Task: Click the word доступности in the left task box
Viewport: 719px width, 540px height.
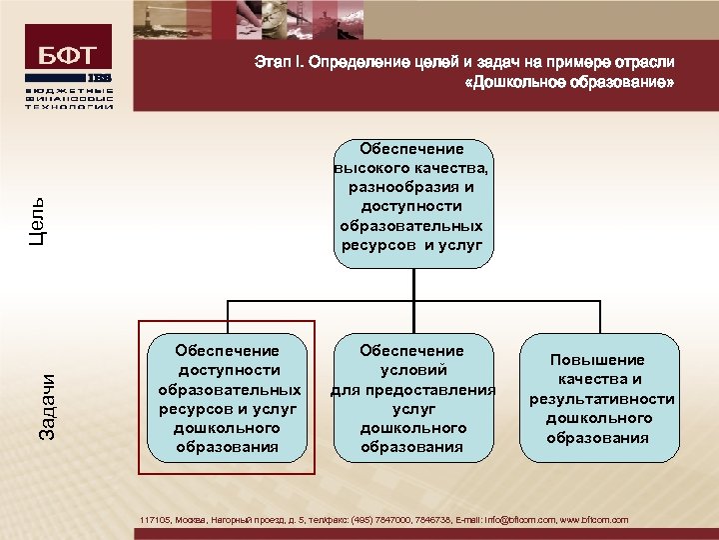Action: (227, 370)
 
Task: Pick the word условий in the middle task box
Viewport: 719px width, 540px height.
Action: (412, 370)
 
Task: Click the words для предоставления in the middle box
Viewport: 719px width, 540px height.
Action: (412, 389)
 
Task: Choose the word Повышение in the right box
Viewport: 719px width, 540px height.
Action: (602, 360)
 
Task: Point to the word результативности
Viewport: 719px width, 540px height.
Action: (602, 399)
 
